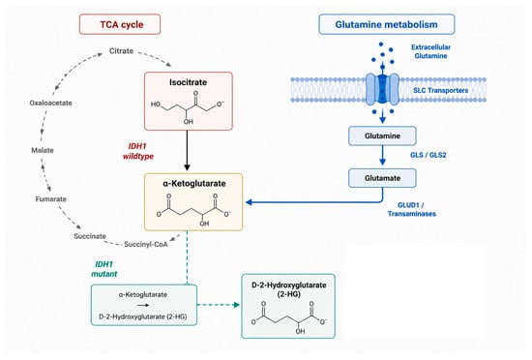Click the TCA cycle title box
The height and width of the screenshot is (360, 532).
[120, 24]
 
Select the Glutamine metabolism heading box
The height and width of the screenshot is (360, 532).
[387, 24]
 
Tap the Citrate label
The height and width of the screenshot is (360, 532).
[121, 51]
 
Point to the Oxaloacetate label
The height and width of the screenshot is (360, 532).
[51, 103]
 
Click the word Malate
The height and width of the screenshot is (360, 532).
[43, 150]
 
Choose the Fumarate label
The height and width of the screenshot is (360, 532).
[51, 198]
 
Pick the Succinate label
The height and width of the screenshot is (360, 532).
[90, 236]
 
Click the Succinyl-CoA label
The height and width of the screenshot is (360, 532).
[146, 244]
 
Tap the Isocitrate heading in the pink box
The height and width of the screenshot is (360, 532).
[189, 82]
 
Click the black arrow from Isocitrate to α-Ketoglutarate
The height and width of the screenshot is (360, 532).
[187, 150]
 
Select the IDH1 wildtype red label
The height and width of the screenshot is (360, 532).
[137, 151]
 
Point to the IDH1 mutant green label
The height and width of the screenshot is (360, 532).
[104, 269]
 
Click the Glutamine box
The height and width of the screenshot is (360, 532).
[382, 135]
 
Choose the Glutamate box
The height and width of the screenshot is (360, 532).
[382, 178]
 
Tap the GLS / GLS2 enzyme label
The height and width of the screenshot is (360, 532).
[429, 155]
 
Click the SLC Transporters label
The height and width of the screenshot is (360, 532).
[441, 90]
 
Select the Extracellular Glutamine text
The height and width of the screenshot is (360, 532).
[430, 51]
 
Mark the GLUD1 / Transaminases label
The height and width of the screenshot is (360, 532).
[411, 209]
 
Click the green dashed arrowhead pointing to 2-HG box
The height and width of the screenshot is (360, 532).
[236, 305]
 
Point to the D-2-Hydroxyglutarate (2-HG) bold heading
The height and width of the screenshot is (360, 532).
[289, 289]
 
